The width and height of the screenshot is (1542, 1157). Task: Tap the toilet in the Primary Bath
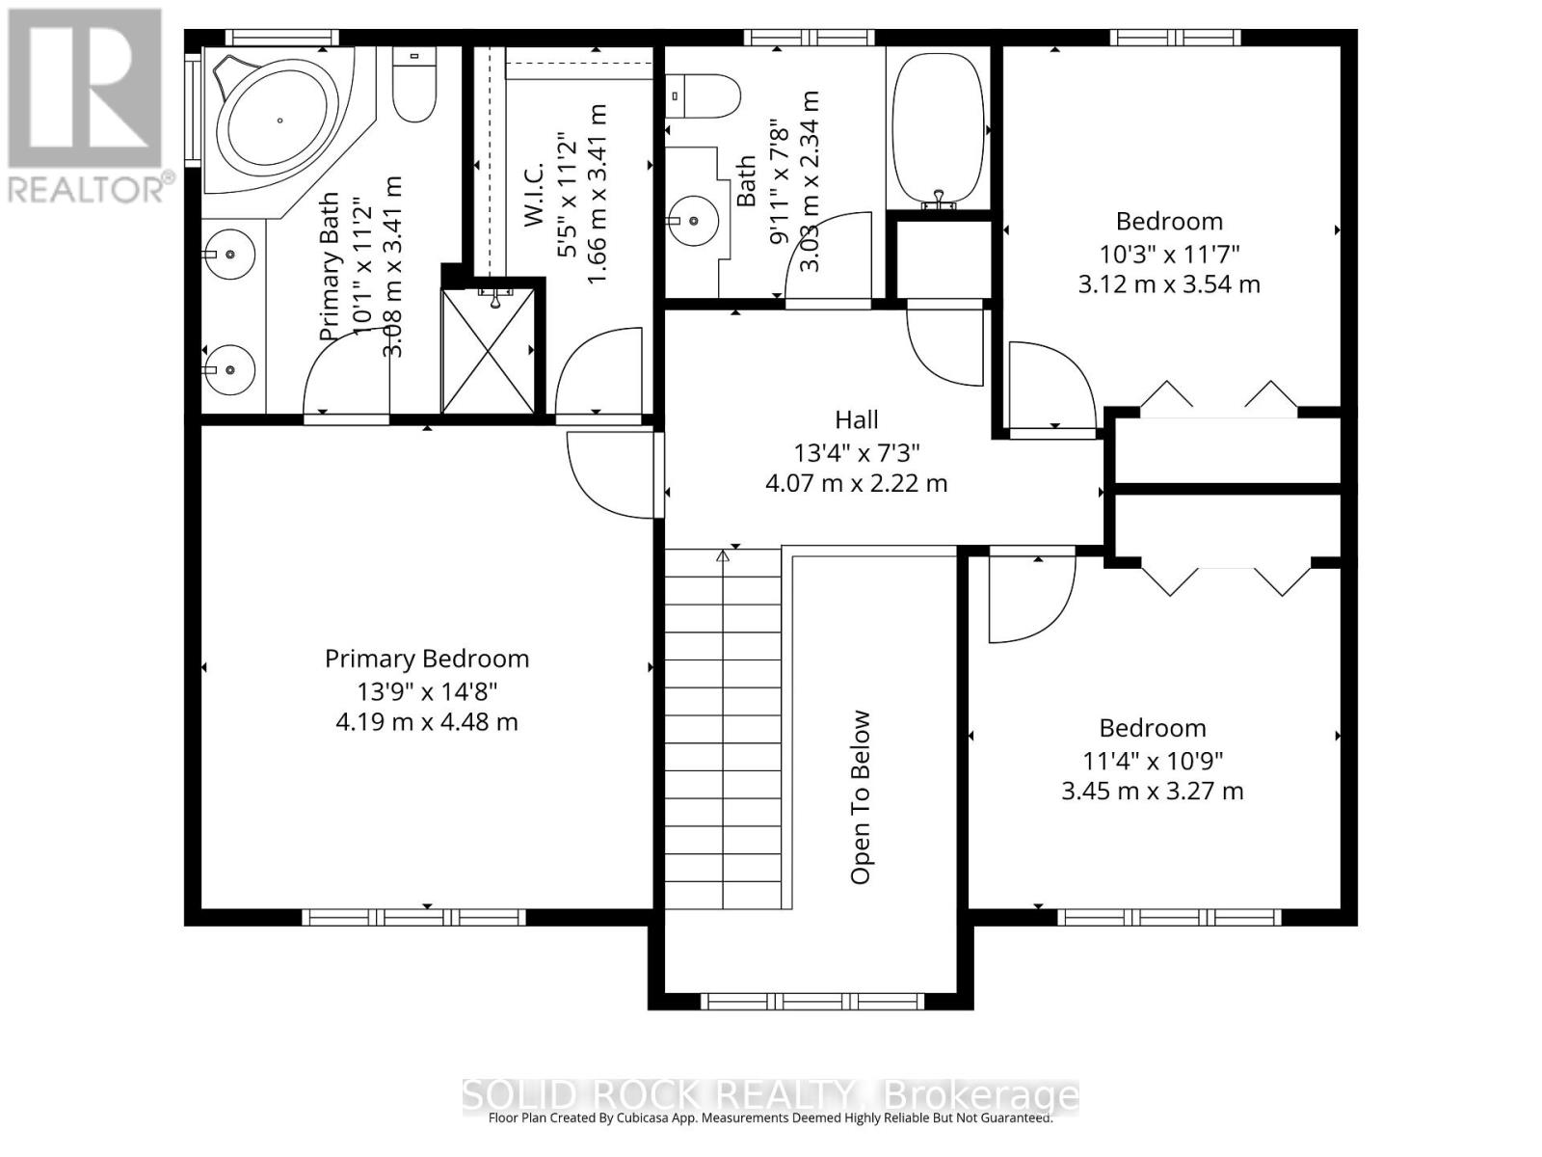pos(413,84)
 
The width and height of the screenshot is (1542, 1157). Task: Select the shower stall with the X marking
pos(488,351)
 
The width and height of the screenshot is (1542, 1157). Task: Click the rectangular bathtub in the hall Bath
pos(938,130)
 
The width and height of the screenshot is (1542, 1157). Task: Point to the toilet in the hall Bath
pos(703,96)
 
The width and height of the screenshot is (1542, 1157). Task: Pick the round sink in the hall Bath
pos(691,221)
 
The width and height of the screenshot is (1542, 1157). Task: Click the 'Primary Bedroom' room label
pos(426,659)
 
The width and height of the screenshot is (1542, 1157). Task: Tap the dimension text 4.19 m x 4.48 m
pos(426,722)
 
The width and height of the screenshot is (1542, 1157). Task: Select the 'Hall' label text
pos(857,420)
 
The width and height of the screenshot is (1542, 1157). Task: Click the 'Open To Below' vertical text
pos(861,796)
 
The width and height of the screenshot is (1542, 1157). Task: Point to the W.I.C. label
pos(535,195)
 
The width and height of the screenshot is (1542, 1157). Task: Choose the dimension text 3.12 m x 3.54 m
pos(1169,284)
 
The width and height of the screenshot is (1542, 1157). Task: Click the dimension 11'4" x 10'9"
pos(1153,760)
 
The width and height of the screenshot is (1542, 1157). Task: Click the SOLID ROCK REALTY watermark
pos(771,1096)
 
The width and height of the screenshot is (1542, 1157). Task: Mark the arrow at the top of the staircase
pos(722,555)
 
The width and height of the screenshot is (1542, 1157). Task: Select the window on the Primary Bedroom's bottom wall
pos(413,918)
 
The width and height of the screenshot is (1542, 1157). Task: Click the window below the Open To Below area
pos(812,1001)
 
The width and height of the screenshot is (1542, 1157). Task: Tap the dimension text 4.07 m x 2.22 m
pos(857,483)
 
